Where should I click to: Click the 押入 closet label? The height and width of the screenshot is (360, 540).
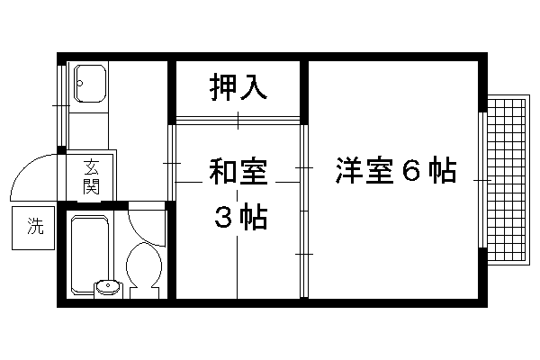tap(238, 86)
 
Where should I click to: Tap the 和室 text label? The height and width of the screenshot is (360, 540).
tap(238, 172)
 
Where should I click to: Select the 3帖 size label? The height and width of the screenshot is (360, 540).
tap(240, 217)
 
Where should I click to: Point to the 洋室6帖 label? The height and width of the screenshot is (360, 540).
tap(396, 170)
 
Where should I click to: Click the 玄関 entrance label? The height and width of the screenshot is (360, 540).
tap(91, 176)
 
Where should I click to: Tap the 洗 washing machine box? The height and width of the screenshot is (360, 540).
tap(33, 228)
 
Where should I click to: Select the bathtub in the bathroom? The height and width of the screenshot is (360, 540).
tap(90, 255)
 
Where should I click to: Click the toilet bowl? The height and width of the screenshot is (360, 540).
tap(144, 265)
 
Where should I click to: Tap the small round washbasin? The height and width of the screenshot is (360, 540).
tap(108, 286)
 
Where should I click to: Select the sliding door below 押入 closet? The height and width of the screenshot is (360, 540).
tap(238, 121)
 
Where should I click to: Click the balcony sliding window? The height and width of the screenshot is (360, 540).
tap(482, 180)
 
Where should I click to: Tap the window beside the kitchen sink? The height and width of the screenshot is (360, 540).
tap(63, 105)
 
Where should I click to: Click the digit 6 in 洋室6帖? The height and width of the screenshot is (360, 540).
tap(411, 170)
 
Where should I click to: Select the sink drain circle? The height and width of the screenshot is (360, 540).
tap(80, 83)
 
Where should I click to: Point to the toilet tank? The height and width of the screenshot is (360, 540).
tap(144, 293)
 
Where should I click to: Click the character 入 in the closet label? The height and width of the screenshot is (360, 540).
tap(254, 86)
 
